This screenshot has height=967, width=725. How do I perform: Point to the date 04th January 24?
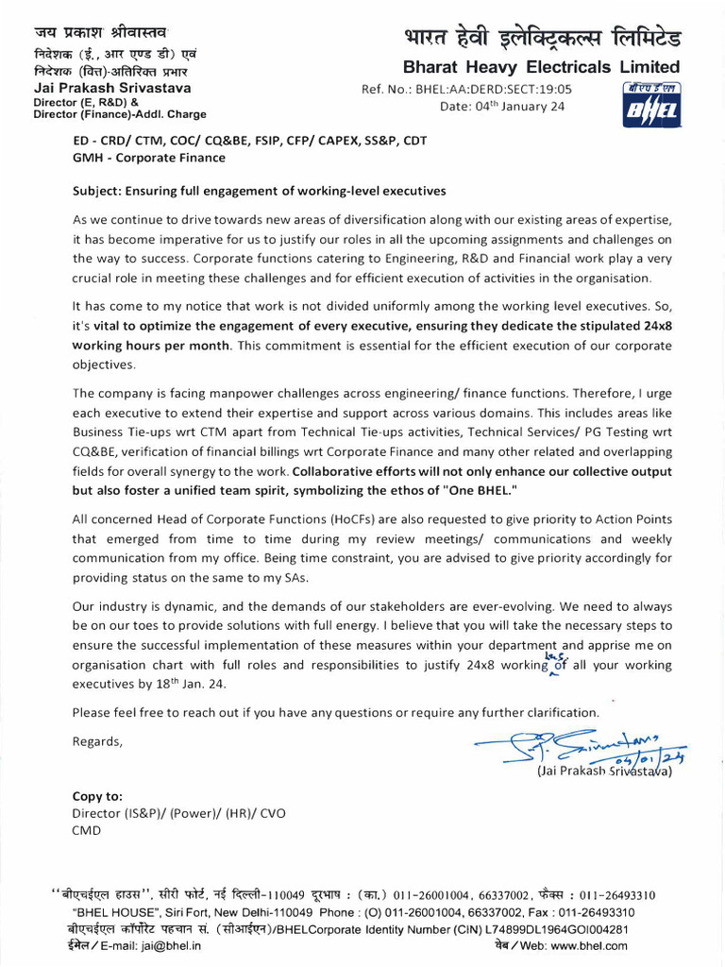[502, 106]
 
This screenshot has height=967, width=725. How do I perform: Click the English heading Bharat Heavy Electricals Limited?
[541, 67]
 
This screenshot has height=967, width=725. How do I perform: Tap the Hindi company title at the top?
[541, 40]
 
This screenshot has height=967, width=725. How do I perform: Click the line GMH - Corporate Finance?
[149, 158]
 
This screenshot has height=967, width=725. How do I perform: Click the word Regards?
[97, 740]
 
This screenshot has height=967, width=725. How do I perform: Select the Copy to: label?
[97, 796]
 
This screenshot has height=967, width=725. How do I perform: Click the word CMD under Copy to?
[87, 830]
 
